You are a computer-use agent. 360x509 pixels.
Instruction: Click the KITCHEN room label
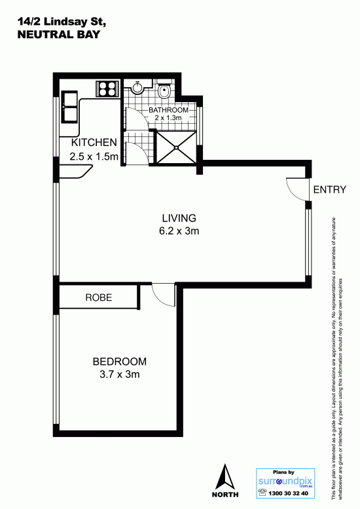[x=94, y=143]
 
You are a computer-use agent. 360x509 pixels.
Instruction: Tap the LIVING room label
[x=179, y=218]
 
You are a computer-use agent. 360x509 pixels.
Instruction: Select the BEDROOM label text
[x=119, y=362]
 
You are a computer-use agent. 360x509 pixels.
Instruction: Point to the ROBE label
[x=99, y=297]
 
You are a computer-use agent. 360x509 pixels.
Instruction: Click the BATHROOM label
[x=168, y=110]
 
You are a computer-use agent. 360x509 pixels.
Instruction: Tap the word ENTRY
[x=329, y=189]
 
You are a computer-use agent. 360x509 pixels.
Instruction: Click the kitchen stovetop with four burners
[x=107, y=88]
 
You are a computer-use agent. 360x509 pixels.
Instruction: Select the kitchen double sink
[x=69, y=107]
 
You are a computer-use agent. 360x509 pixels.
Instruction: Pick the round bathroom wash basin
[x=137, y=88]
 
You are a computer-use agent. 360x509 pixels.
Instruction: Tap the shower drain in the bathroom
[x=177, y=147]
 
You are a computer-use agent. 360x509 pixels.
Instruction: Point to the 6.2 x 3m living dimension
[x=179, y=231]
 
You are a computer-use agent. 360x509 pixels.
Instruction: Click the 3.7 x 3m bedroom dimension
[x=120, y=374]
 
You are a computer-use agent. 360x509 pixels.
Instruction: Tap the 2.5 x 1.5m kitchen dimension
[x=94, y=157]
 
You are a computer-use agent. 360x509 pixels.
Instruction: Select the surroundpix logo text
[x=285, y=481]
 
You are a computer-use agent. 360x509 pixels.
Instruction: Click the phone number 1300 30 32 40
[x=288, y=493]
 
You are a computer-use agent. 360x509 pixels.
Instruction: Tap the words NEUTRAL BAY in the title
[x=59, y=35]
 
